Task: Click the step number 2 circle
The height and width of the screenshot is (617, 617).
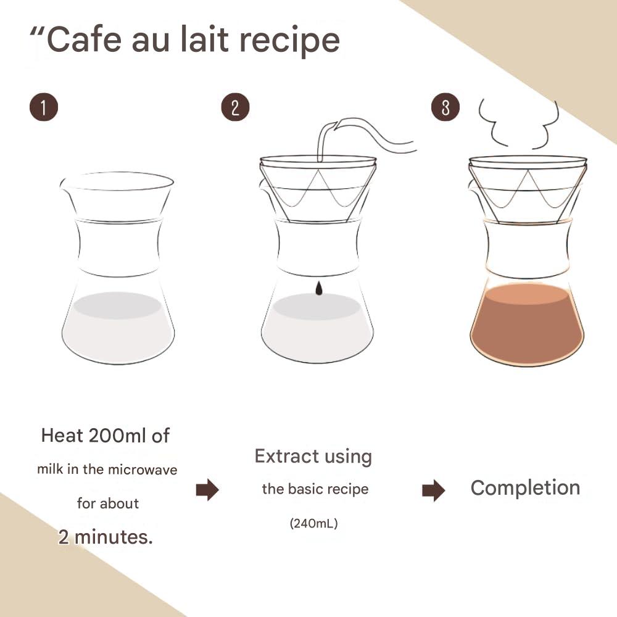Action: pyautogui.click(x=235, y=107)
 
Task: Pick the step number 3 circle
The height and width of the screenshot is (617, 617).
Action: pyautogui.click(x=445, y=107)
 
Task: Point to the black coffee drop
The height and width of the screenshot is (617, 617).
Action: pyautogui.click(x=318, y=288)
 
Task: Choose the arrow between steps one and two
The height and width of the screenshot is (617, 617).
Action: pyautogui.click(x=207, y=491)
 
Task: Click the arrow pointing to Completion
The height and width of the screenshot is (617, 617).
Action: pyautogui.click(x=434, y=491)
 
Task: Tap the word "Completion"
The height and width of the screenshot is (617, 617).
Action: pyautogui.click(x=525, y=487)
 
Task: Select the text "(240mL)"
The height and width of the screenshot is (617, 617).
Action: pyautogui.click(x=314, y=524)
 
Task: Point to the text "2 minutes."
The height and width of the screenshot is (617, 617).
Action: pyautogui.click(x=106, y=536)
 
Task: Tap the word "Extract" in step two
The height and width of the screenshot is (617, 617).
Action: pyautogui.click(x=283, y=457)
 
